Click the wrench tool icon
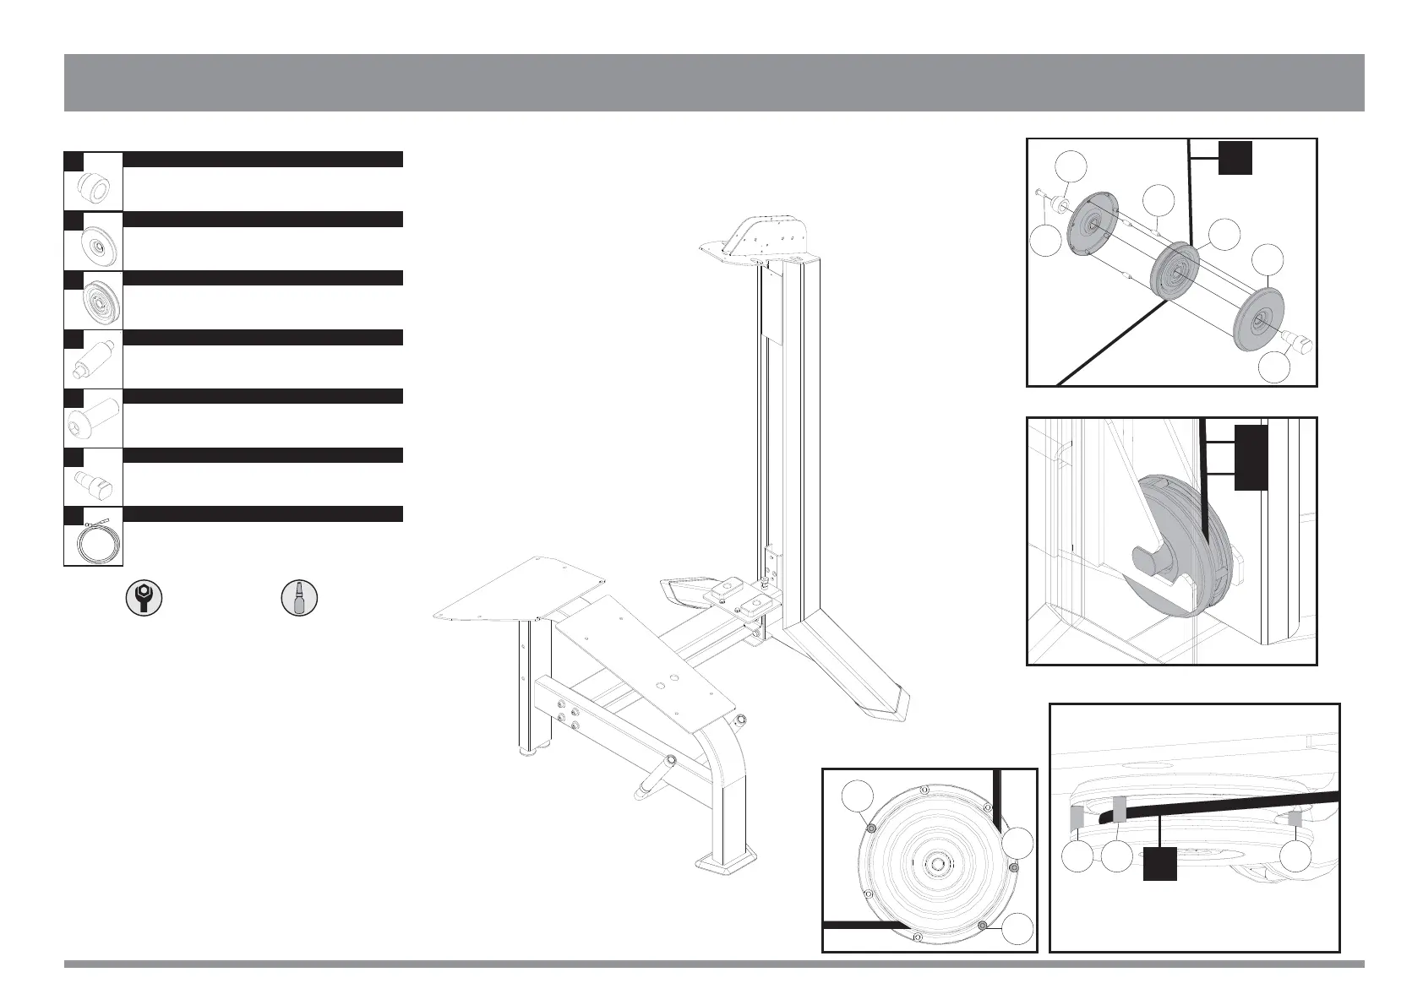(x=144, y=597)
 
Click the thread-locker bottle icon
(x=298, y=597)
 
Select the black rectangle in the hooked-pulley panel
(x=1251, y=457)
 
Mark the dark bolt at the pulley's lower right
(x=981, y=926)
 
